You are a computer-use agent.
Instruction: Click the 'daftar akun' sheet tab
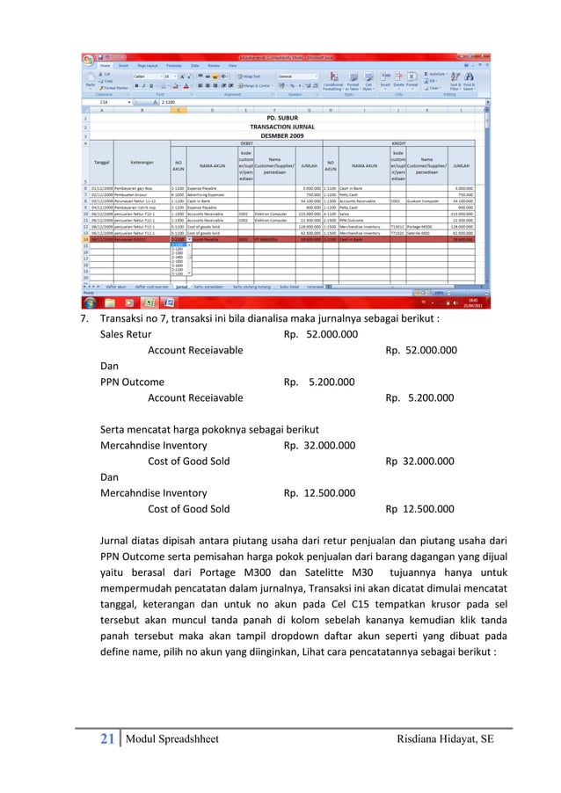(122, 286)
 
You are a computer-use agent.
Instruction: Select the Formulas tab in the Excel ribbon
(174, 65)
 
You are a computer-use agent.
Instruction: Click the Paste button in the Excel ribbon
(91, 82)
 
